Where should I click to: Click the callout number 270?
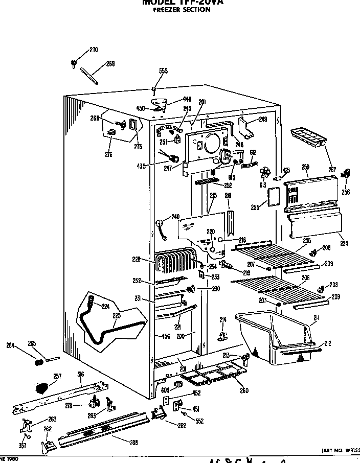[93, 50]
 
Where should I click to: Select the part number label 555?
[163, 71]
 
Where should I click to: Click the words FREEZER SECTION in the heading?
[182, 9]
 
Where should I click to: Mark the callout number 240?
[175, 216]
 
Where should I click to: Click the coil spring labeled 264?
[38, 362]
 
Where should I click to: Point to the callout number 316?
[80, 375]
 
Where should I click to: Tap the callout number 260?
[244, 391]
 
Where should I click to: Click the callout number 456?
[166, 336]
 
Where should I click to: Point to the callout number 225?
[117, 315]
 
